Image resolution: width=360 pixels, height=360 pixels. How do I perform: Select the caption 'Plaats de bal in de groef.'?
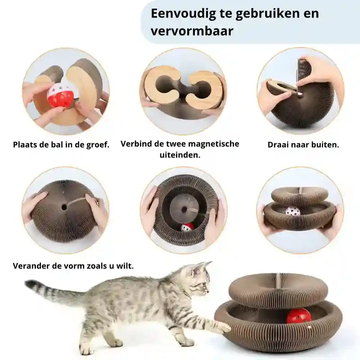(61, 145)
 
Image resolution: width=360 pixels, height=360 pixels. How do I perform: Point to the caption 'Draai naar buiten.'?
(303, 145)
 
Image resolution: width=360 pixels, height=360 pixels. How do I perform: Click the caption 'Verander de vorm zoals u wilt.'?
(73, 265)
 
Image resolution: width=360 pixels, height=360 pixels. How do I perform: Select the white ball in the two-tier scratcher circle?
(292, 211)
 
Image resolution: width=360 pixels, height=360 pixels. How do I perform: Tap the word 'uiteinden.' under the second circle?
(180, 154)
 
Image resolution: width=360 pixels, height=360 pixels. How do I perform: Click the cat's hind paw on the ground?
(86, 349)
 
